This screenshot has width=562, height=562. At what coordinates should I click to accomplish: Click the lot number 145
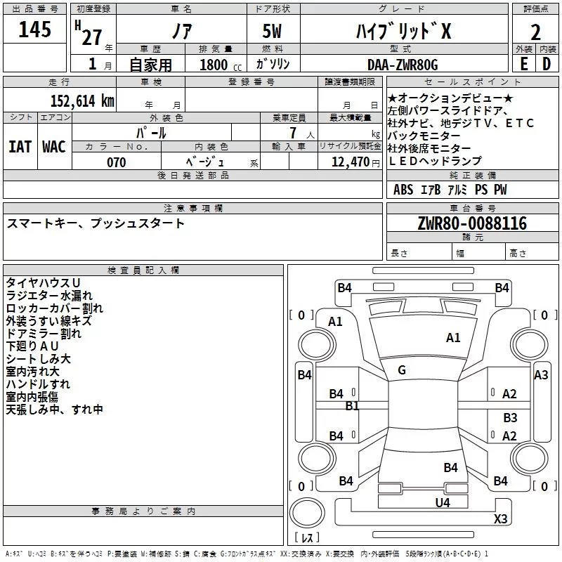34,29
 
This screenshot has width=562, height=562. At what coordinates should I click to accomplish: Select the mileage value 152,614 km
82,101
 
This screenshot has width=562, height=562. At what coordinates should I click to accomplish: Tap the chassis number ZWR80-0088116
472,223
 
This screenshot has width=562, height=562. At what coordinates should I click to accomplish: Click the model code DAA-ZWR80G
403,65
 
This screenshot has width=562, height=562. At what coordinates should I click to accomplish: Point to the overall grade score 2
535,32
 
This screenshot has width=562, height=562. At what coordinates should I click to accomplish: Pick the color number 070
117,162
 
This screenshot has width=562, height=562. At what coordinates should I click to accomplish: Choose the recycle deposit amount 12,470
351,162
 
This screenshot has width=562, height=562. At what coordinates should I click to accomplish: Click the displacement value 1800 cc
221,65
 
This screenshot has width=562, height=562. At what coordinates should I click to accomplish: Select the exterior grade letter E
524,64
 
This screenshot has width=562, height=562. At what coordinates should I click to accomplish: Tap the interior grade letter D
547,64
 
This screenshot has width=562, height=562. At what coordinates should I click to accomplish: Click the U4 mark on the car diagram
443,502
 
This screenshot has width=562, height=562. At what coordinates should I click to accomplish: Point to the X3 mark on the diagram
500,518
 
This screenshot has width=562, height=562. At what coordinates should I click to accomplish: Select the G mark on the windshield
402,370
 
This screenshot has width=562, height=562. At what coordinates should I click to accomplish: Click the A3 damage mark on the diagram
541,375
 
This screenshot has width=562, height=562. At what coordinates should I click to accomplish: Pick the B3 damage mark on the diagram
510,417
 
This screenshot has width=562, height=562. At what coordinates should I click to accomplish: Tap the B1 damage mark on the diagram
352,406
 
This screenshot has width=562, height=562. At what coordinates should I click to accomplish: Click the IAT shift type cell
20,147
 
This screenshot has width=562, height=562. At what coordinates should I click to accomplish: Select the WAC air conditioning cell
54,147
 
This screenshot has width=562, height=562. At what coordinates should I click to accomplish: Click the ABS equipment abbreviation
403,189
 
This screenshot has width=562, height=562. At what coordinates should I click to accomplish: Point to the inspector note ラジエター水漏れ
49,295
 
